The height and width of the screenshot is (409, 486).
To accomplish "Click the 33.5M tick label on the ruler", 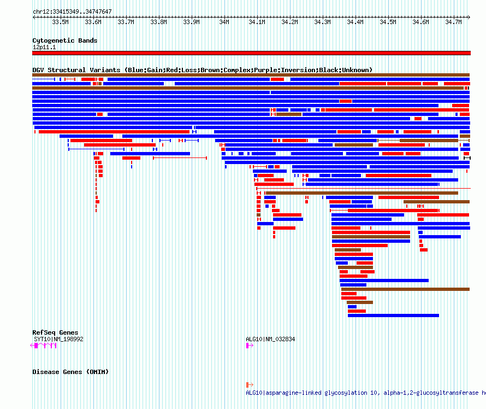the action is coord(60,22).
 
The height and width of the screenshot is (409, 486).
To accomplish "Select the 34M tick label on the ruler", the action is coord(224,22).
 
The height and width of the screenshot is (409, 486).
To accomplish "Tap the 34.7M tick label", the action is coord(453,22).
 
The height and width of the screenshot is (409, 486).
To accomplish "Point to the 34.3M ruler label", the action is coord(322,22).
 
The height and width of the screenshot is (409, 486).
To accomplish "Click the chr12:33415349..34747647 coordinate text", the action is coord(72,12).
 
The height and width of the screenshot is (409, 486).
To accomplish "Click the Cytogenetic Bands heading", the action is coord(65,40).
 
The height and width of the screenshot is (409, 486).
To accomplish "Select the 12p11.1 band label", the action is coord(44,47).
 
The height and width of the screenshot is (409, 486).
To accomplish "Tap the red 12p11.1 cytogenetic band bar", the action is coord(251,53).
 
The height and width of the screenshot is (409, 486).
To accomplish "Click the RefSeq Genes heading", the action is coord(55,332).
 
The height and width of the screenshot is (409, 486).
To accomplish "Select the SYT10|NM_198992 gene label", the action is coord(58,339).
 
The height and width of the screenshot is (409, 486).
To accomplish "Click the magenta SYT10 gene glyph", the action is coord(43,346).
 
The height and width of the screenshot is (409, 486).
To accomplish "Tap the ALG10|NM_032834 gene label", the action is coord(270,339).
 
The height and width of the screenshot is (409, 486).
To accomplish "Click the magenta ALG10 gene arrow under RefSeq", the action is coord(250,346).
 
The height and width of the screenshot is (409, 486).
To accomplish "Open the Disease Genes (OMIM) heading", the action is coord(70,372).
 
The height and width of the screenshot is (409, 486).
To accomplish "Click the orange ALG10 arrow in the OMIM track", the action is coord(250,385).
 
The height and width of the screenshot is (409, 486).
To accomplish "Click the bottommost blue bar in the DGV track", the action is coord(393,315).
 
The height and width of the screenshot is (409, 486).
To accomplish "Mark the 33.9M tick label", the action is coord(191,22).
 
